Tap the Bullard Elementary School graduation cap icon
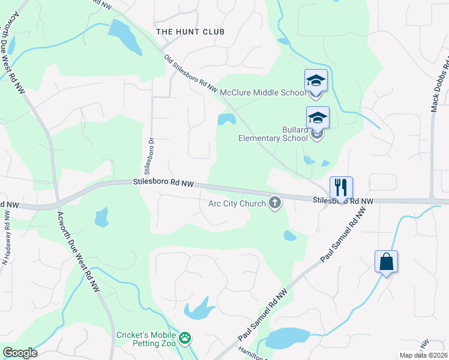pos(318,118)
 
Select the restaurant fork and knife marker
pos(341,187)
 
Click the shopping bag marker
pos(386,262)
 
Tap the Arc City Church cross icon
pos(275,203)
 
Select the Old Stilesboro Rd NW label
pos(191,74)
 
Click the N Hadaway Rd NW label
pos(6,241)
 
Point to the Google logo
pos(20,353)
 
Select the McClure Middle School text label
pos(263,92)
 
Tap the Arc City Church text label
pos(237,203)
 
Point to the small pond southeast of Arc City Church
pos(289,235)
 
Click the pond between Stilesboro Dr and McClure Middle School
pos(226,119)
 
